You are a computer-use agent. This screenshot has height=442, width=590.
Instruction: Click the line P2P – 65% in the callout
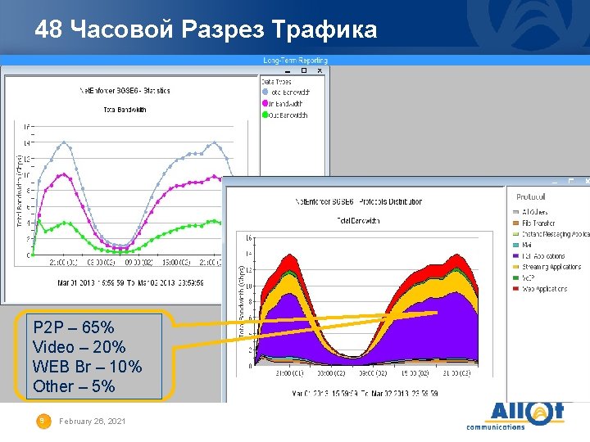pos(74,329)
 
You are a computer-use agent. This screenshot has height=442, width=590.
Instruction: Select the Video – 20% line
pos(79,348)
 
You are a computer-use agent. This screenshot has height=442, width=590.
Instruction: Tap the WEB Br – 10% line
pos(87,367)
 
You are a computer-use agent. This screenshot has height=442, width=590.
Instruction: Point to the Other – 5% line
pos(74,386)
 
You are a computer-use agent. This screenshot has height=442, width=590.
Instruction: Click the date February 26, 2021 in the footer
pos(93,421)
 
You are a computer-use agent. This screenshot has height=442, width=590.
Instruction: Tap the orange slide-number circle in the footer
pos(42,421)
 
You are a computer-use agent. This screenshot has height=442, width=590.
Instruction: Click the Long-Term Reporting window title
pos(295,61)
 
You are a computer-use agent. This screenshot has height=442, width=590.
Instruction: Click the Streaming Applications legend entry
pos(551,267)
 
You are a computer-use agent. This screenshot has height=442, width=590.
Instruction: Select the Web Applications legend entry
pos(545,289)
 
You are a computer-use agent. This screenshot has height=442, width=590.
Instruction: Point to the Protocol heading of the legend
pos(531,196)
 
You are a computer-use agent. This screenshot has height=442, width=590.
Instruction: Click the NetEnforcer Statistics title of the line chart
pos(125,89)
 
